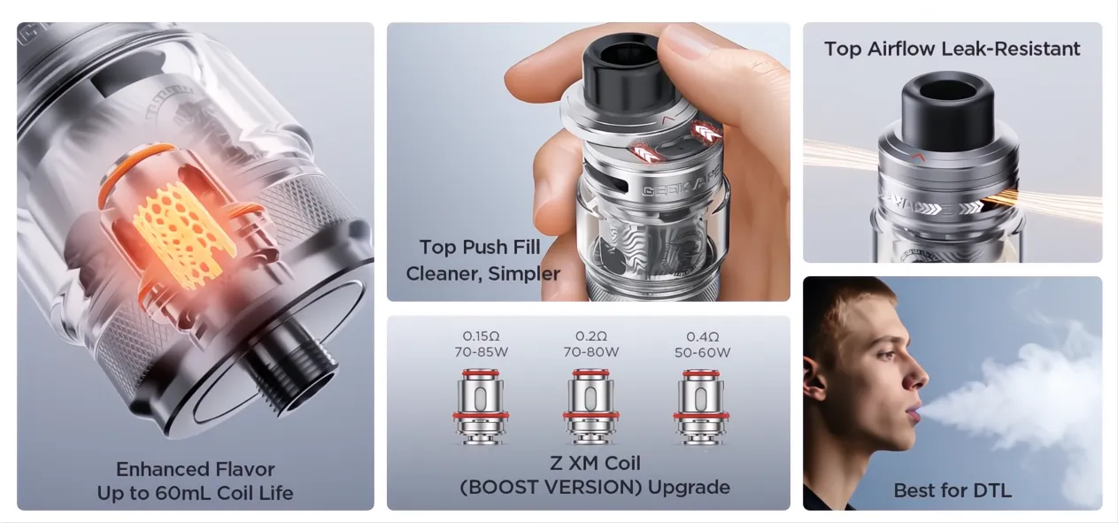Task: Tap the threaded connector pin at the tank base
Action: (x=288, y=372)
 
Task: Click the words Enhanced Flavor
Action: (x=196, y=469)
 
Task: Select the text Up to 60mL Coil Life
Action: (x=196, y=493)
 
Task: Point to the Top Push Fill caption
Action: (x=480, y=247)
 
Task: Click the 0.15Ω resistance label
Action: (x=481, y=336)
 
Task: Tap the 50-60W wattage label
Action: (x=702, y=352)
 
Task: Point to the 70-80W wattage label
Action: (x=590, y=352)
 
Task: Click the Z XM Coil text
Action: (x=595, y=463)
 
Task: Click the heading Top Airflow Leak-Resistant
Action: (x=952, y=49)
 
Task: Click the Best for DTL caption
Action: (x=952, y=490)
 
